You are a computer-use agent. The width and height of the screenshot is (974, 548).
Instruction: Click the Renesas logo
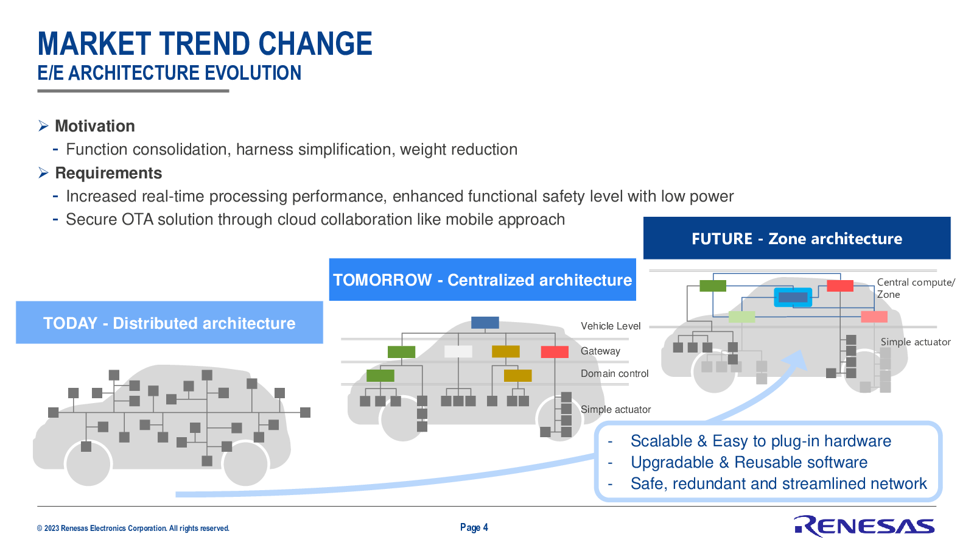point(864,526)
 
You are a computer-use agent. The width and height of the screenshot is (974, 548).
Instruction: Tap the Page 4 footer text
point(474,527)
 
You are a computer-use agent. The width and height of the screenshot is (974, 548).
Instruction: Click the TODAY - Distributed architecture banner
point(169,323)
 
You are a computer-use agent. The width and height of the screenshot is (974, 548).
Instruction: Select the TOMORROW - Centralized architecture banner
point(482,279)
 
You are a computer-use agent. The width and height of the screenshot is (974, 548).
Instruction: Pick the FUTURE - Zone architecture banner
point(797,238)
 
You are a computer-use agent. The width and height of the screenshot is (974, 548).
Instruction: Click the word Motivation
point(95,126)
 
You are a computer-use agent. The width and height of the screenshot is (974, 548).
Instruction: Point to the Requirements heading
point(108,173)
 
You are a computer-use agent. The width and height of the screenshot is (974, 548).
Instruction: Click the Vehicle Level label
point(611,326)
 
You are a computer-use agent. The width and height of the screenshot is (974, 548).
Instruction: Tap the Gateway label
point(600,351)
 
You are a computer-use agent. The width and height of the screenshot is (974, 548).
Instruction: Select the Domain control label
point(614,374)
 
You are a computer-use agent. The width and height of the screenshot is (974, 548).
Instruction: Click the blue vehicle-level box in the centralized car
point(485,323)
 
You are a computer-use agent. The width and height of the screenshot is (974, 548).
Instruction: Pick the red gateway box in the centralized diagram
point(555,352)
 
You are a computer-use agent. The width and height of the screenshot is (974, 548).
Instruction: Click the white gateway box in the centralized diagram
point(458,351)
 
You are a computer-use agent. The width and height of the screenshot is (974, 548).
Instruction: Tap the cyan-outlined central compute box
point(793,298)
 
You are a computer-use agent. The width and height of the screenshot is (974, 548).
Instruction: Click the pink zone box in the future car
point(874,317)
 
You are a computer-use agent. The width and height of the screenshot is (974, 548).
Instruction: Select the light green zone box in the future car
point(742,317)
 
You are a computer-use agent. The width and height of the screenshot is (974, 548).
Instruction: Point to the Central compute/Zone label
point(916,289)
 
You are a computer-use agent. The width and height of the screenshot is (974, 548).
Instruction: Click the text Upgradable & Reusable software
point(749,462)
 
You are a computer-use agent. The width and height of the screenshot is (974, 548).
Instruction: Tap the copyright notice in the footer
point(133,529)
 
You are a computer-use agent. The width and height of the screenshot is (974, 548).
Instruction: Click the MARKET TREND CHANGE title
point(205,43)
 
